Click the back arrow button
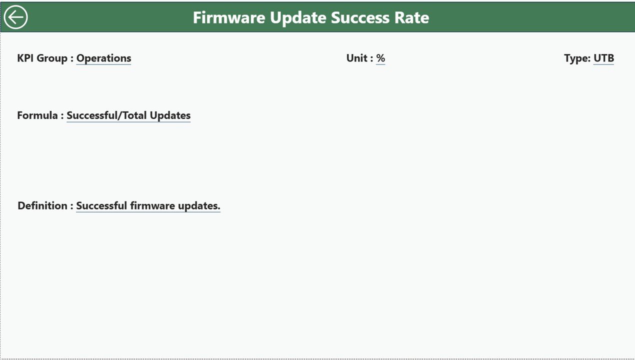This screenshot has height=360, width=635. pos(16,17)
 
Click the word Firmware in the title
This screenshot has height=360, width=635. pos(229,17)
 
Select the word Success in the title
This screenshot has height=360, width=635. pos(360,17)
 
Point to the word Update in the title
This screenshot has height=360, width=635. pos(298,18)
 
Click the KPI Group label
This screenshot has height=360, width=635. pos(45,58)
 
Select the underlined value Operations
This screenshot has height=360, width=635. pos(104,58)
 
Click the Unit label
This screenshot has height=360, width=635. pos(359,58)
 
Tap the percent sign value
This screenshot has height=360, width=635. pos(380,58)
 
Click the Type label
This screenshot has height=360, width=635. pos(577,58)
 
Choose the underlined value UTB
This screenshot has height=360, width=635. pos(603,58)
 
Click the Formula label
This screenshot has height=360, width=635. pos(40,115)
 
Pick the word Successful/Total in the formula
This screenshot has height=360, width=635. pos(107,115)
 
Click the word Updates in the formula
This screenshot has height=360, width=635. pos(170,116)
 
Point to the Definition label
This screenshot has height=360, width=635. pos(45,206)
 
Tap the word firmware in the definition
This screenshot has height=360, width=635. pos(152,206)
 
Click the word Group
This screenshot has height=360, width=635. pos(52,58)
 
